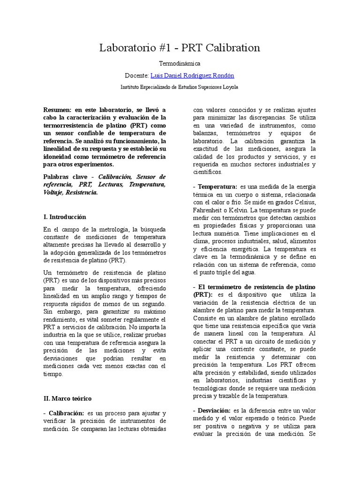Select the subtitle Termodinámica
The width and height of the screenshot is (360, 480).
[x=180, y=63]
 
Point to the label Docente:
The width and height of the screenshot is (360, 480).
[x=136, y=75]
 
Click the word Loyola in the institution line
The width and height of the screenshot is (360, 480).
[x=229, y=87]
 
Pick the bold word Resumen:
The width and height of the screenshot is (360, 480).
[x=57, y=109]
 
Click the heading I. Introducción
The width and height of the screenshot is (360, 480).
[x=65, y=217]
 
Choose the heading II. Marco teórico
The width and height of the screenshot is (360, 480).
[x=67, y=398]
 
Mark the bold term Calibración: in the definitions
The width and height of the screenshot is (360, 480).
[x=66, y=413]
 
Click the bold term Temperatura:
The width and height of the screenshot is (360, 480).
[x=217, y=187]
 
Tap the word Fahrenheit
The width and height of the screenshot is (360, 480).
[x=210, y=210]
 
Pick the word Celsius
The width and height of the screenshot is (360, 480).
[x=303, y=202]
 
